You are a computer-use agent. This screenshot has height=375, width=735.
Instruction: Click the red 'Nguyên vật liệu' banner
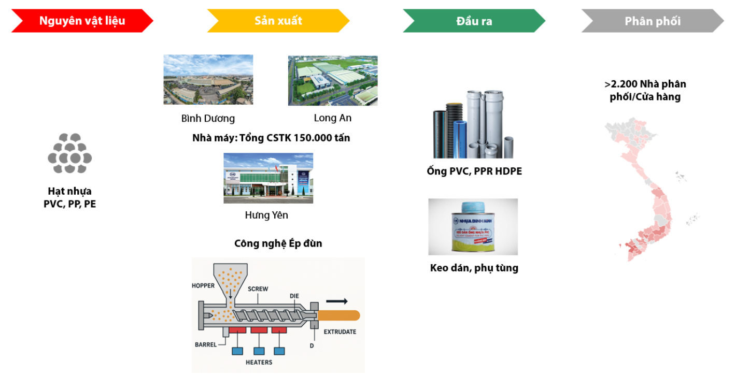[x=82, y=21]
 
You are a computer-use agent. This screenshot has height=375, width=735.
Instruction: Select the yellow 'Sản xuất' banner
[x=278, y=21]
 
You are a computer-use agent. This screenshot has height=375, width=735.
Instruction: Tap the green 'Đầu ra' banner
[x=474, y=21]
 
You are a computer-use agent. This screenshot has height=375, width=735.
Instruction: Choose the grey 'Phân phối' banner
[x=653, y=21]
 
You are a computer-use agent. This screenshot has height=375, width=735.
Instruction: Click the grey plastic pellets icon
[x=70, y=154]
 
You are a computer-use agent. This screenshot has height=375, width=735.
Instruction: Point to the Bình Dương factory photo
[x=208, y=80]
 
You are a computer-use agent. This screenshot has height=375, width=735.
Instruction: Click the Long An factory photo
[x=333, y=80]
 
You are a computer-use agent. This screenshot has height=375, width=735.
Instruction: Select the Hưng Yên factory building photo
[x=268, y=178]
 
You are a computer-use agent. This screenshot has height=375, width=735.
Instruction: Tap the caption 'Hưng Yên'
[x=266, y=215]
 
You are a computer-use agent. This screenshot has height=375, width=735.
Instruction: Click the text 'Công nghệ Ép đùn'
[x=278, y=243]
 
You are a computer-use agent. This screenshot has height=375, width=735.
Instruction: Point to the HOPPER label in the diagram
[x=203, y=285]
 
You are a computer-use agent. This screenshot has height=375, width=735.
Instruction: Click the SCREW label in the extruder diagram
[x=258, y=289]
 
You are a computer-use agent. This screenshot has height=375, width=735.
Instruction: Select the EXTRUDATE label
[x=340, y=331]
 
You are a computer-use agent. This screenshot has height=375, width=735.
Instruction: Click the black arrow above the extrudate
[x=336, y=301]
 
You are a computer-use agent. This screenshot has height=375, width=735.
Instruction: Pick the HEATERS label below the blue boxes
[x=259, y=362]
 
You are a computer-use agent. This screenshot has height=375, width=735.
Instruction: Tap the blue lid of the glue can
[x=472, y=207]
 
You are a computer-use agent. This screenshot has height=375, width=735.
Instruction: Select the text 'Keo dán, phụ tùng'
[x=474, y=268]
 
